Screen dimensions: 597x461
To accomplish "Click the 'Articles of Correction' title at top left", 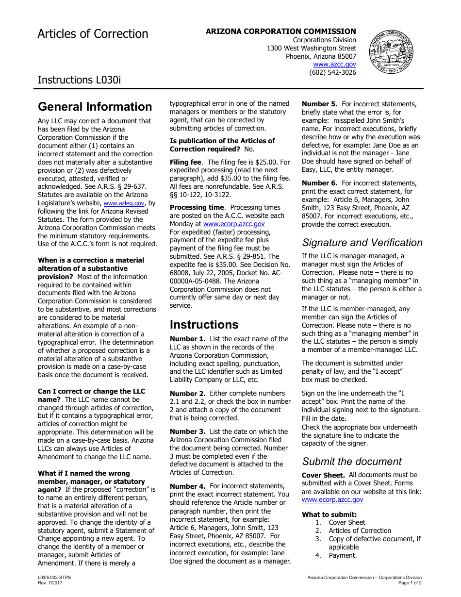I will (x=93, y=34).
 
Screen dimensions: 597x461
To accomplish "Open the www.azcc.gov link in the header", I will (x=334, y=64).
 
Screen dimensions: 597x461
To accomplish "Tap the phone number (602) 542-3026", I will (x=332, y=72).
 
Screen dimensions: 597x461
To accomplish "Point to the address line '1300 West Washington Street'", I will (x=311, y=48).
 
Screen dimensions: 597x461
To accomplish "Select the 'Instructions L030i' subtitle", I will (x=79, y=80).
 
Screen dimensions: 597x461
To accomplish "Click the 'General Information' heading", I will (x=95, y=107).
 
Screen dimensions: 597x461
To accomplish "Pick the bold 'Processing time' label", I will (x=197, y=207).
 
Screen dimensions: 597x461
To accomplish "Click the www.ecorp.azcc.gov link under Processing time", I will (x=234, y=224).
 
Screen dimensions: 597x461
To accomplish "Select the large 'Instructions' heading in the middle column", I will (x=204, y=325).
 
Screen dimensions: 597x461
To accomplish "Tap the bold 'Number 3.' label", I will (x=187, y=431).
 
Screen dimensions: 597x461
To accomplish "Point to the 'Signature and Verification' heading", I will (x=362, y=243).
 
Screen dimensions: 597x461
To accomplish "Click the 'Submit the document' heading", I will (x=352, y=462).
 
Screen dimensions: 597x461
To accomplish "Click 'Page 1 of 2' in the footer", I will (x=410, y=582).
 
